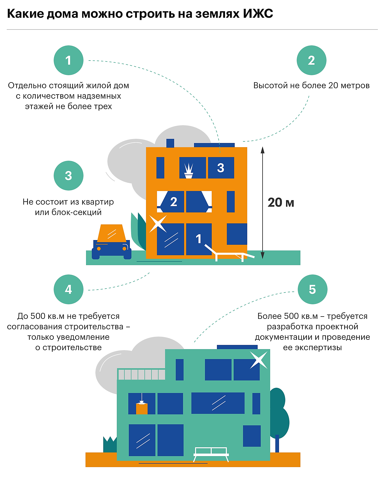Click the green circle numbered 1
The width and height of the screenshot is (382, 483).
[x=68, y=60]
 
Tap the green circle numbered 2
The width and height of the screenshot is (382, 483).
[x=311, y=60]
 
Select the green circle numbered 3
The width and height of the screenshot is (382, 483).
[x=68, y=176]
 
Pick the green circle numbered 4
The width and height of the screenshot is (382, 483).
[x=68, y=289]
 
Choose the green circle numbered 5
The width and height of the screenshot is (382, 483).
[x=312, y=289]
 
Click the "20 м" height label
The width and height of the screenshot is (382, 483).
[x=281, y=202]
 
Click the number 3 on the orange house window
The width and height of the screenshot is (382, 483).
[x=221, y=168]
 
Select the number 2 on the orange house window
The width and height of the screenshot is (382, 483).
[x=174, y=202]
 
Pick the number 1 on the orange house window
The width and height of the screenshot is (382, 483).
[x=199, y=239]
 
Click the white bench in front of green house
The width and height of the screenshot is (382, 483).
[x=211, y=454]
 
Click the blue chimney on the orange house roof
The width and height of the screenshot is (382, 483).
[x=170, y=143]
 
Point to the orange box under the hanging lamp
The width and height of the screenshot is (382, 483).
[x=142, y=409]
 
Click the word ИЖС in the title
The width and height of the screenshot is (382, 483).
[x=258, y=14]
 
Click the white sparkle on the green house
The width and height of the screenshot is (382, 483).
[x=258, y=360]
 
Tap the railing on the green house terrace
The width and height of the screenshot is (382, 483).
[x=141, y=374]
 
